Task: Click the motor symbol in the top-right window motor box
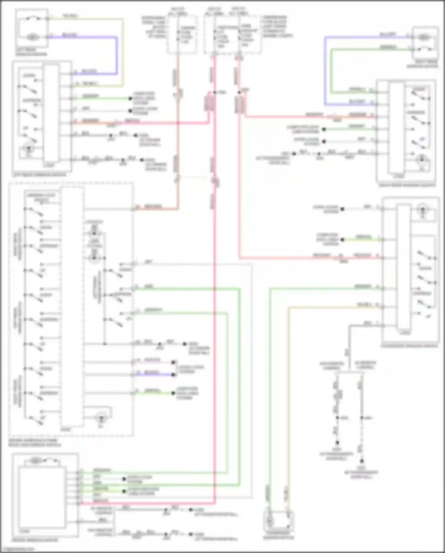click(x=424, y=37)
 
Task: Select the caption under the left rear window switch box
click(x=40, y=175)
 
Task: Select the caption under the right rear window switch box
click(x=407, y=185)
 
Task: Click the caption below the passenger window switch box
click(x=409, y=346)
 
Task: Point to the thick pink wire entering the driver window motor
click(x=148, y=503)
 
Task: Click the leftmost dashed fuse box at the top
click(x=182, y=35)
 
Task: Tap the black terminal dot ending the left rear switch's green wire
click(x=130, y=98)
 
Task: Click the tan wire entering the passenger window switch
click(x=332, y=308)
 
